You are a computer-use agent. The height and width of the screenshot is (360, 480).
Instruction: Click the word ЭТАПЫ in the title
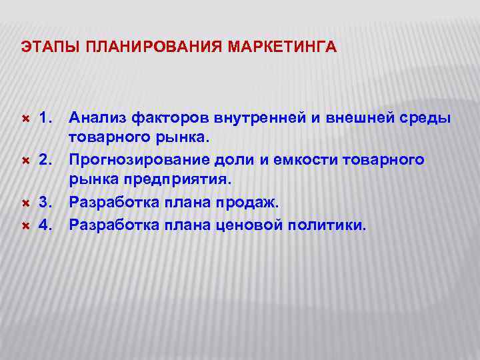[41, 47]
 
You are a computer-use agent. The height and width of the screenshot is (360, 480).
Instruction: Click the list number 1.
[45, 118]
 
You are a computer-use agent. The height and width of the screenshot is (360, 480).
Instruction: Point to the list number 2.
[45, 161]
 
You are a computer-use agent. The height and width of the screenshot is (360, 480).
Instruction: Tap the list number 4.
[45, 225]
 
